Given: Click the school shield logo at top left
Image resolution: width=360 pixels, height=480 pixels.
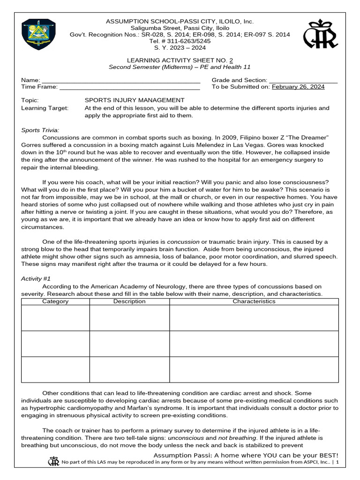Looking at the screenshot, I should [39, 35].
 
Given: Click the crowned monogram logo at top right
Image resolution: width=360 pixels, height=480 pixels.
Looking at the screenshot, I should [320, 34].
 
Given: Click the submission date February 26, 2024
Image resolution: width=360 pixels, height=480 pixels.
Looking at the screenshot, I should [298, 87].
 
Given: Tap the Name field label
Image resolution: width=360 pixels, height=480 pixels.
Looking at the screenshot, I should [31, 81].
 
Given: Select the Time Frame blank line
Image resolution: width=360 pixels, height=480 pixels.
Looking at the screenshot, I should [130, 87].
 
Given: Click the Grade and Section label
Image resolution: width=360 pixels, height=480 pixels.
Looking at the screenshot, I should [240, 81].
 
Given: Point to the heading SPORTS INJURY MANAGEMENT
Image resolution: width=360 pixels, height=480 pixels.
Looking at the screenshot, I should [134, 100].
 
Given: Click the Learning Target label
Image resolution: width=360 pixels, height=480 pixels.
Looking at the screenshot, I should [45, 108].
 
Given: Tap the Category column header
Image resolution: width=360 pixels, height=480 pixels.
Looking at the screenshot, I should [55, 301].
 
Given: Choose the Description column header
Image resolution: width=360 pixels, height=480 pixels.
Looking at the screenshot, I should [129, 301].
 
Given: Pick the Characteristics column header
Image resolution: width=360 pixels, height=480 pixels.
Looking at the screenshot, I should [254, 301].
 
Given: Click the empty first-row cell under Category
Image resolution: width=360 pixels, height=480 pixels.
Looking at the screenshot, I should [55, 318].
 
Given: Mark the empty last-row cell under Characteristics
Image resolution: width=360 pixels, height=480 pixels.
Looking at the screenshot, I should [254, 369].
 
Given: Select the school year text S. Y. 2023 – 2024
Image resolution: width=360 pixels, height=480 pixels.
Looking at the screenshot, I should [180, 48].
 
